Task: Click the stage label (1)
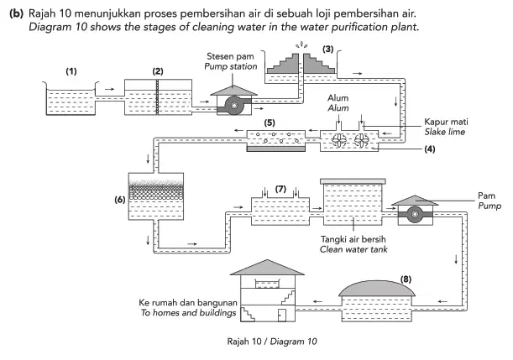pyautogui.click(x=71, y=71)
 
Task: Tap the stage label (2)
pyautogui.click(x=158, y=71)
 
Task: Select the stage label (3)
pyautogui.click(x=327, y=49)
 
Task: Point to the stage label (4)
pyautogui.click(x=430, y=149)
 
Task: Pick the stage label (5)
pyautogui.click(x=270, y=123)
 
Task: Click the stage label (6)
pyautogui.click(x=120, y=200)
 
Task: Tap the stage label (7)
pyautogui.click(x=280, y=189)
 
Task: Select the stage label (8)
pyautogui.click(x=406, y=279)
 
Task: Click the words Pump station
pyautogui.click(x=231, y=66)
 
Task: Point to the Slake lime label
pyautogui.click(x=445, y=132)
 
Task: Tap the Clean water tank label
pyautogui.click(x=353, y=249)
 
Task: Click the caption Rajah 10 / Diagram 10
pyautogui.click(x=272, y=342)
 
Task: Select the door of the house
pyautogui.click(x=282, y=316)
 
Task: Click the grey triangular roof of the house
pyautogui.click(x=267, y=268)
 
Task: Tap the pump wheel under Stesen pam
pyautogui.click(x=234, y=105)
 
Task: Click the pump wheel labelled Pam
pyautogui.click(x=415, y=215)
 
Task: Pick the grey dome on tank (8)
pyautogui.click(x=377, y=288)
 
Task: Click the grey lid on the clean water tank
pyautogui.click(x=353, y=181)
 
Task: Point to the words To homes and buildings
pyautogui.click(x=188, y=313)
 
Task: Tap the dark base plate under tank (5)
pyautogui.click(x=275, y=149)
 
